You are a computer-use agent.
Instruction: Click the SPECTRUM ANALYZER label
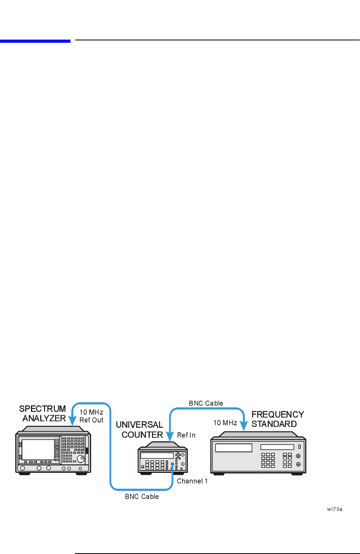click(x=43, y=414)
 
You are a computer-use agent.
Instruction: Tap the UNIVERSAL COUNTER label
click(x=140, y=430)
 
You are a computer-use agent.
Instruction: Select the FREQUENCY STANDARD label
click(x=277, y=419)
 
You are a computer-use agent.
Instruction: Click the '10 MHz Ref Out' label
click(x=91, y=416)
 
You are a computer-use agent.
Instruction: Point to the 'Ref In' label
click(x=186, y=435)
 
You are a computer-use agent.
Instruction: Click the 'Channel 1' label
click(x=192, y=481)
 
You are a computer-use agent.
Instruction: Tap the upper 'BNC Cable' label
click(x=206, y=403)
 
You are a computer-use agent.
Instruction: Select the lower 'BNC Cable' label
click(x=142, y=496)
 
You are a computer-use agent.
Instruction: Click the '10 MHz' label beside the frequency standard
click(x=225, y=423)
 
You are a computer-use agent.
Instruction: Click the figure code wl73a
click(x=335, y=509)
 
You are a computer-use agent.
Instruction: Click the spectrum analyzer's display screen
click(x=38, y=449)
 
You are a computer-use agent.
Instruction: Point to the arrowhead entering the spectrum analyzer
click(x=72, y=421)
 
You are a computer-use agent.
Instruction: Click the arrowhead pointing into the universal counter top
click(x=169, y=437)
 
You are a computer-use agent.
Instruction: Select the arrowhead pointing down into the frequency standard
click(x=244, y=426)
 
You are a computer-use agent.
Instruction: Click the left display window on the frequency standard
click(x=233, y=448)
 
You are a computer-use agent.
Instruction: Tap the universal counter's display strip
click(x=157, y=456)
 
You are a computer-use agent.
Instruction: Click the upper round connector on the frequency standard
click(x=298, y=456)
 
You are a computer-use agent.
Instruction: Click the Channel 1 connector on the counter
click(x=172, y=464)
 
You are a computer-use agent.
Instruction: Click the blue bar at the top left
click(x=35, y=40)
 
